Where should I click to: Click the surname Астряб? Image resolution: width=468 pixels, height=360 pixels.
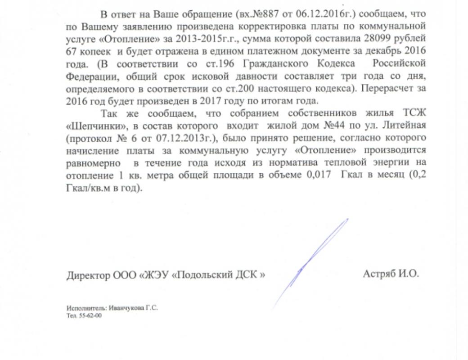coord(379,273)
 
